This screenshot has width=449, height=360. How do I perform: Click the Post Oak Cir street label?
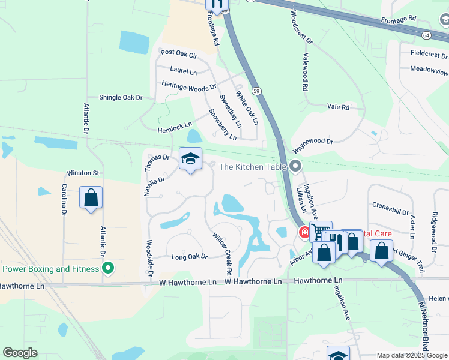click(179, 54)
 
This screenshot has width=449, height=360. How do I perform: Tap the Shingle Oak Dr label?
click(121, 97)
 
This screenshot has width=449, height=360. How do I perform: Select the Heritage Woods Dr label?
click(188, 85)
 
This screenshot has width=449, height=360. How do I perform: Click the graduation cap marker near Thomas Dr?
click(191, 160)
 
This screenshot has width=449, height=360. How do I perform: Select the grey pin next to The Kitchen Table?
click(295, 166)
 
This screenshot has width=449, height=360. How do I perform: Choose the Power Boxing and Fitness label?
click(50, 269)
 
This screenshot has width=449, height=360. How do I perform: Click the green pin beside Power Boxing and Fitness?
click(108, 268)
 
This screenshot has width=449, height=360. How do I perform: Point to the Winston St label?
click(82, 173)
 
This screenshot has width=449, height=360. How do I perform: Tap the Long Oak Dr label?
click(189, 257)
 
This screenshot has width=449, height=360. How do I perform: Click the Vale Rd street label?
click(338, 107)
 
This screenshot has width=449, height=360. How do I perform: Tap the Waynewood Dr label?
click(312, 141)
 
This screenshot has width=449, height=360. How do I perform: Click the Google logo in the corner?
click(20, 353)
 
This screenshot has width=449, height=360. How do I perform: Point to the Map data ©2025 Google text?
click(411, 355)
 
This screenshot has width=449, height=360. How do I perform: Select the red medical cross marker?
click(305, 232)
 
